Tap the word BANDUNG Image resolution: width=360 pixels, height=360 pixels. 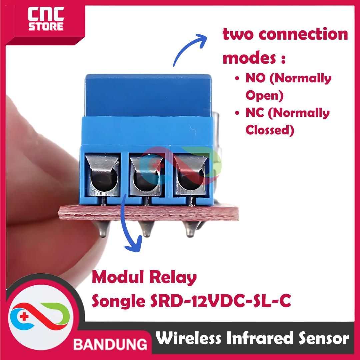pyautogui.click(x=110, y=343)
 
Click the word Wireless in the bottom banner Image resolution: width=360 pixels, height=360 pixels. pyautogui.click(x=189, y=339)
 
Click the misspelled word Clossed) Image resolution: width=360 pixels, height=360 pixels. pyautogui.click(x=270, y=130)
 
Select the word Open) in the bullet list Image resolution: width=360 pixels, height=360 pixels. pyautogui.click(x=264, y=96)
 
